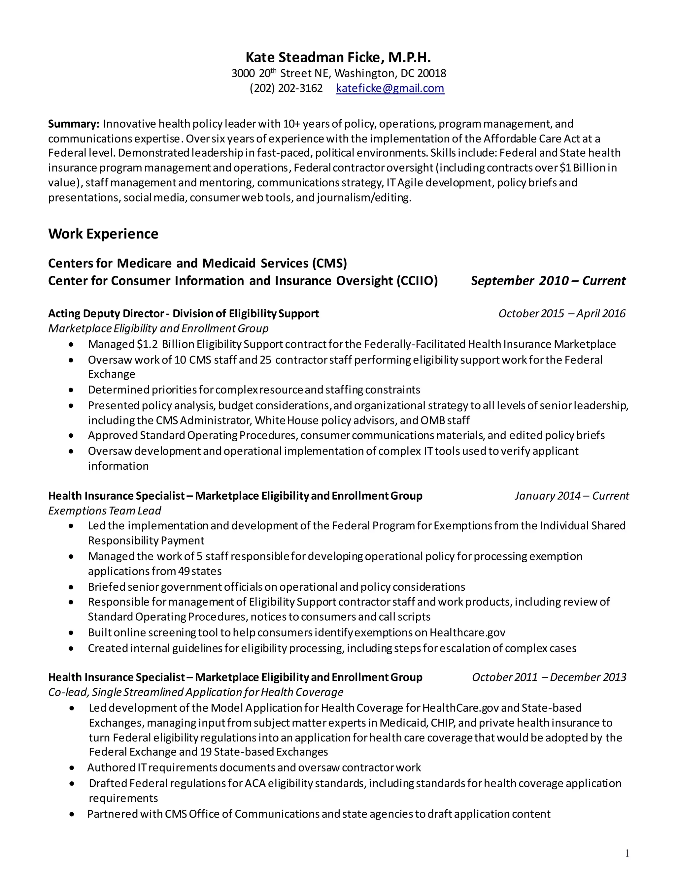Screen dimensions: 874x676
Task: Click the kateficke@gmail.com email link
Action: [x=390, y=88]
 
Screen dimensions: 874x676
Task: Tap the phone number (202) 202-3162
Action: [x=286, y=88]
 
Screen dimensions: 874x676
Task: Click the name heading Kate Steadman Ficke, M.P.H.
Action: [x=338, y=57]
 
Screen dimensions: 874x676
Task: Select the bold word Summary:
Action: [x=73, y=124]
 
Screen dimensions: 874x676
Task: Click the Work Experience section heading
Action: [x=103, y=234]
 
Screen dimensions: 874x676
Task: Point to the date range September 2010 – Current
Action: [x=548, y=281]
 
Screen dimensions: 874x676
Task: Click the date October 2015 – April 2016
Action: [x=561, y=313]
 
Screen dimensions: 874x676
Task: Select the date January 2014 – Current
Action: [x=571, y=496]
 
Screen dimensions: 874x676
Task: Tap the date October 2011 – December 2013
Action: [x=549, y=677]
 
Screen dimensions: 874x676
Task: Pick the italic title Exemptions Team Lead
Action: [x=105, y=511]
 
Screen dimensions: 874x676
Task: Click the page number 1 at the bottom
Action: [x=627, y=854]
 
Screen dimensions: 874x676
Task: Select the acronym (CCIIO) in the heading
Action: [x=417, y=281]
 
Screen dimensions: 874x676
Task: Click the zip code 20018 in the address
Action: [x=432, y=73]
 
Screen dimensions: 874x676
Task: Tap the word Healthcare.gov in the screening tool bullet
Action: [x=467, y=632]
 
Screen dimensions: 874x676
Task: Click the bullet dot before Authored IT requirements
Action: [x=72, y=767]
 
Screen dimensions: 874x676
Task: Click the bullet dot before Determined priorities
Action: [x=71, y=390]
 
